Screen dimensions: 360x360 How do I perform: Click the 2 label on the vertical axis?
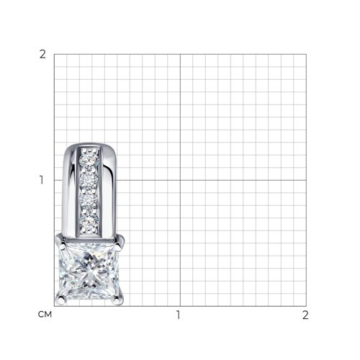[x=42, y=55]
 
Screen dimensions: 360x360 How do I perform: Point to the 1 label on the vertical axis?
[x=42, y=180]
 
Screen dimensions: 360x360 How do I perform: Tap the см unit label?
[x=45, y=315]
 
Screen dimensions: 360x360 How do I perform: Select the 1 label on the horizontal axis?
[x=178, y=315]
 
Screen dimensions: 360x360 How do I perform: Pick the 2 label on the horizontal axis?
[x=305, y=315]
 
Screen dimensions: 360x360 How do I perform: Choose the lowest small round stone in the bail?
[x=89, y=223]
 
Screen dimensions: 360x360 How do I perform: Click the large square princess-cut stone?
[x=89, y=271]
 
